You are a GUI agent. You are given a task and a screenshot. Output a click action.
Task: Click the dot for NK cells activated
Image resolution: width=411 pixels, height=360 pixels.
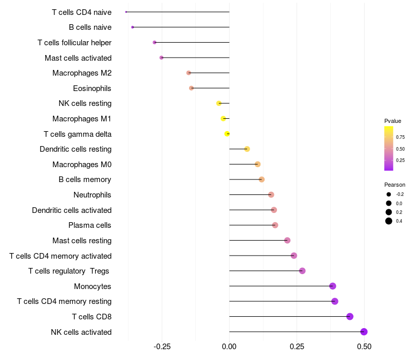(364, 332)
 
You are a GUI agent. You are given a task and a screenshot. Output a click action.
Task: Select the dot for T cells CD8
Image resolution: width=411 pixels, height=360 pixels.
(350, 317)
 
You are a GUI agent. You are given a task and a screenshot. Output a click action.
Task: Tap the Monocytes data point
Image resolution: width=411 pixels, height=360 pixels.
(332, 286)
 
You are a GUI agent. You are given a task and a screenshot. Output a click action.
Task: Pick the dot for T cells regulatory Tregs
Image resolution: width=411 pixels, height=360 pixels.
(302, 271)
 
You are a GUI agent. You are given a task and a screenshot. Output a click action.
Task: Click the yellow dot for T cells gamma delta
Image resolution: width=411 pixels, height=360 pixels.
(227, 134)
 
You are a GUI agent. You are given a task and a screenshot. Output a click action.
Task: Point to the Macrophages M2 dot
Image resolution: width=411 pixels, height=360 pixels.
(189, 73)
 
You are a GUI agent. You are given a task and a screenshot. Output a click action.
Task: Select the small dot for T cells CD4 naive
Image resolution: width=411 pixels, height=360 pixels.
(126, 12)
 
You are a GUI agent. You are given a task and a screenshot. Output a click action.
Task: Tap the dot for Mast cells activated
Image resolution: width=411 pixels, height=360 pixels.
(161, 58)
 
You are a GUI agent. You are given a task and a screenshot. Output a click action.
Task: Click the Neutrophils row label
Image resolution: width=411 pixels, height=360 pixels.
(92, 195)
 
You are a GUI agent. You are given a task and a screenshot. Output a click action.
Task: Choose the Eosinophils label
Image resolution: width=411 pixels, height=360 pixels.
(92, 88)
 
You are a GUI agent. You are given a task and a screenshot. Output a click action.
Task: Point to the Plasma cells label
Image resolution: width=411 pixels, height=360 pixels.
(90, 225)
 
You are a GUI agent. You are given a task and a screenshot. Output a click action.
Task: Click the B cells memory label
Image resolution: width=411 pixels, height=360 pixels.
(85, 179)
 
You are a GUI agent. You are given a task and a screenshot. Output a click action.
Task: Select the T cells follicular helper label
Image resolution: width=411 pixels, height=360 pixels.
(74, 43)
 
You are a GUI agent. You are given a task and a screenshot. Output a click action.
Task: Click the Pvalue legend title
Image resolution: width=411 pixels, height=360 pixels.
(393, 121)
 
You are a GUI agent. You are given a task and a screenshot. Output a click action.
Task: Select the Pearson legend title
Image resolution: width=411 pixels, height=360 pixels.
(395, 185)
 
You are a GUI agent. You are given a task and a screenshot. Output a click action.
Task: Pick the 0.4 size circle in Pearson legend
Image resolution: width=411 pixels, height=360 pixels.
(389, 221)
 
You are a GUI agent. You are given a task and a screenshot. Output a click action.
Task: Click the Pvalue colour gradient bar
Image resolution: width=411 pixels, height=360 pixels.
(389, 148)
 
